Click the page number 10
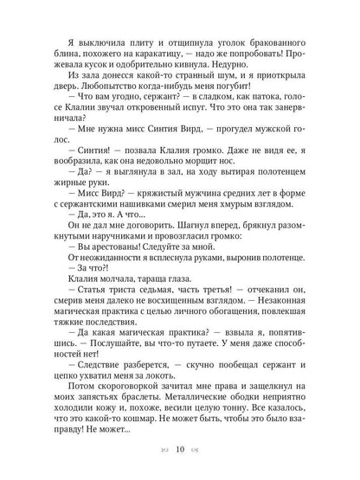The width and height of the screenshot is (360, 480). pos(180,450)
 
